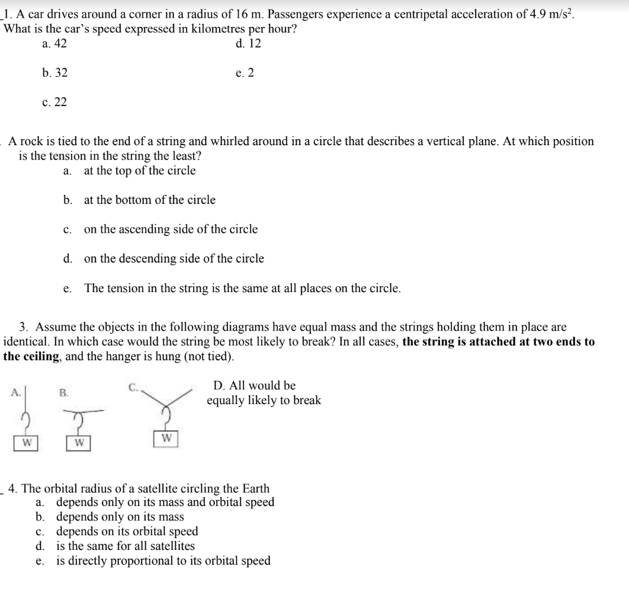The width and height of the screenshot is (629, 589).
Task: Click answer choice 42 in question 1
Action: (55, 43)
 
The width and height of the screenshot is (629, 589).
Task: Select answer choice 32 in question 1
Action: (55, 73)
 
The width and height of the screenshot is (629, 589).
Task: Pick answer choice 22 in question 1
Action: (55, 103)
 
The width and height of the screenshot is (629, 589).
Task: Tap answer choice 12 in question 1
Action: (248, 43)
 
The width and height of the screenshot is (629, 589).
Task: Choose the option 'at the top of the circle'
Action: (139, 171)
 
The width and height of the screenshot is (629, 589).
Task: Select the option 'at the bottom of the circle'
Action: (149, 200)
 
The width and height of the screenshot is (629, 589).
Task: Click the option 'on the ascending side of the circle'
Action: (171, 229)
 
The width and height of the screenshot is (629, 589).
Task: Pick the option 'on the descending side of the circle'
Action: (174, 258)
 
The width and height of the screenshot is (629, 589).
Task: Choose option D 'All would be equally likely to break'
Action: (264, 393)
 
